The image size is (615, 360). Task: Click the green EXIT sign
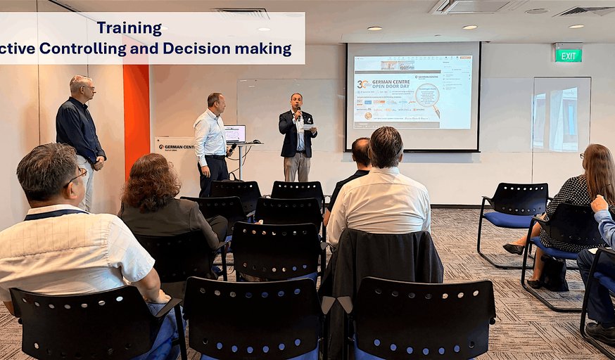coord(568,55)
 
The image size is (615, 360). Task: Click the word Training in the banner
coord(129,28)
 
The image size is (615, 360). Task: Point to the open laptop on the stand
coord(234,134)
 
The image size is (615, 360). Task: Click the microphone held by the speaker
coord(298,110)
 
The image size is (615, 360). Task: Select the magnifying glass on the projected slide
coord(427,94)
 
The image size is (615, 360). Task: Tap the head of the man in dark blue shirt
coord(81,86)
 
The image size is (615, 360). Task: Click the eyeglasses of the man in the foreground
coord(76,176)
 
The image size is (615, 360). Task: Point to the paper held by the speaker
coord(308,127)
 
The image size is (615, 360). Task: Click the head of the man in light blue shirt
coord(215,102)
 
